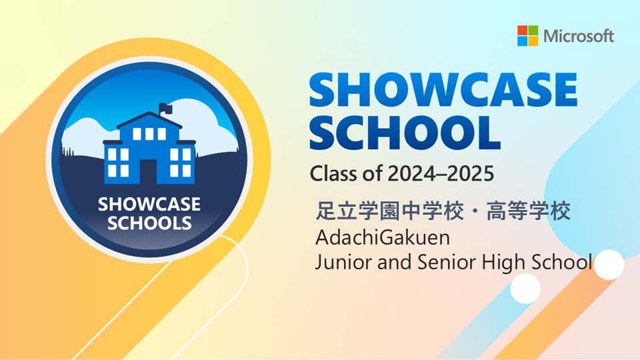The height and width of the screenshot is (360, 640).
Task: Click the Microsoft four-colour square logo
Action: click(x=528, y=36)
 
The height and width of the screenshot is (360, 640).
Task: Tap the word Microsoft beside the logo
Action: click(x=579, y=36)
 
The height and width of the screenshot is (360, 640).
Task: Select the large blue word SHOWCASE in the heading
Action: click(x=443, y=90)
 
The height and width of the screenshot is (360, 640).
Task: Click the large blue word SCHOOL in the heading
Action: click(x=405, y=132)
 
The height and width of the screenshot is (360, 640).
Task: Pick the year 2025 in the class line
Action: click(x=470, y=174)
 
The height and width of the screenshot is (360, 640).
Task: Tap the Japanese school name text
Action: click(x=443, y=212)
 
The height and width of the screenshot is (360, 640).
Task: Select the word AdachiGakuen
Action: click(x=383, y=237)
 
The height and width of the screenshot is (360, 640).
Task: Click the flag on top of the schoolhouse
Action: click(x=165, y=109)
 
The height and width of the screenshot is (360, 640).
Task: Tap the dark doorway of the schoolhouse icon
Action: click(x=149, y=171)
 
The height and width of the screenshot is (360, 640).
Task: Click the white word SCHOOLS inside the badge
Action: click(x=149, y=223)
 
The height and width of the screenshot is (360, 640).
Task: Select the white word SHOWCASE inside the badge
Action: click(x=149, y=204)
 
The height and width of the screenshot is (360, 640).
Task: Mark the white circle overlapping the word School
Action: click(x=609, y=265)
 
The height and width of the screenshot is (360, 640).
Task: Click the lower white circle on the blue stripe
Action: click(x=526, y=289)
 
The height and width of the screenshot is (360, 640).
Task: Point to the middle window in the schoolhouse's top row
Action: click(x=149, y=133)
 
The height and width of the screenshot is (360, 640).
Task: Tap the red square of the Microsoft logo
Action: click(x=523, y=31)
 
